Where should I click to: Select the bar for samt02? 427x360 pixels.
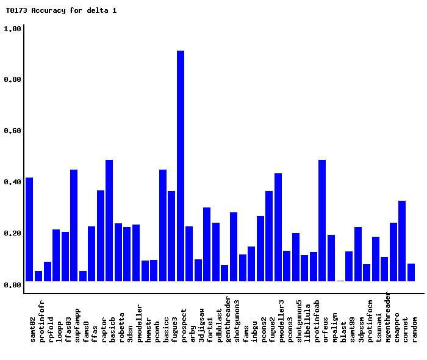(x=29, y=229)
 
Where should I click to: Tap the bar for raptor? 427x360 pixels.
(x=109, y=220)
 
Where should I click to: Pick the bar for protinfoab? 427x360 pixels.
(x=322, y=220)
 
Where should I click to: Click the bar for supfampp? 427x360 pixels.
(x=74, y=225)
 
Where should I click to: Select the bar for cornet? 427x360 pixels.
(x=402, y=241)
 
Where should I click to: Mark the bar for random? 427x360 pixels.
(x=411, y=272)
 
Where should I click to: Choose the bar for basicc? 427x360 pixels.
(x=163, y=225)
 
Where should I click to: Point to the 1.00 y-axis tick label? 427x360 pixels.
(x=13, y=29)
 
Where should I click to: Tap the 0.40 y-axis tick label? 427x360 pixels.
(x=13, y=182)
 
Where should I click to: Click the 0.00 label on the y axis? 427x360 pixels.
(x=13, y=285)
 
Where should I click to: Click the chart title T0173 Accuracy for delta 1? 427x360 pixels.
(x=61, y=10)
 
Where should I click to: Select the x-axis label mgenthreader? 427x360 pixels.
(x=389, y=316)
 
